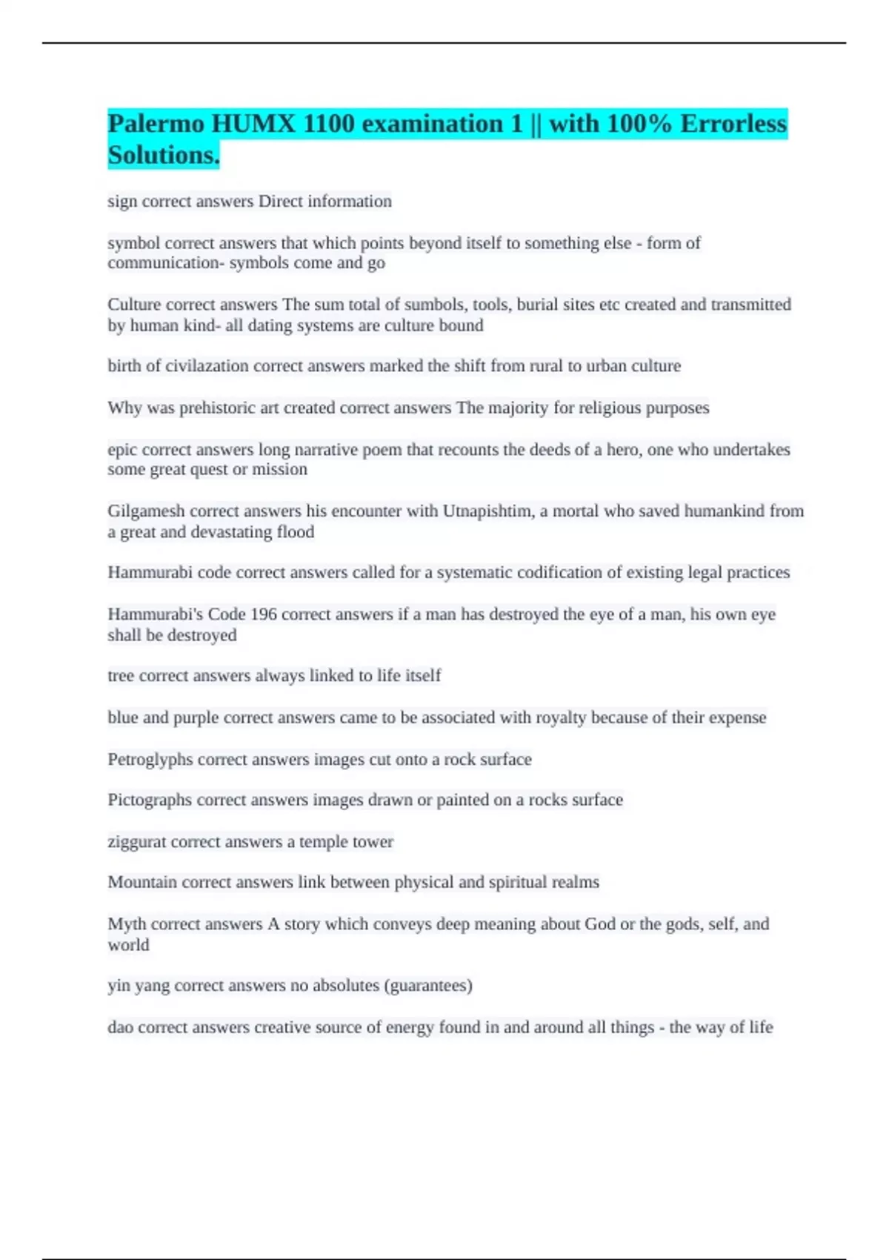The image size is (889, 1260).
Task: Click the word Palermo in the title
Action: [x=156, y=124]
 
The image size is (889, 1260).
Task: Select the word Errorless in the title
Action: [x=733, y=124]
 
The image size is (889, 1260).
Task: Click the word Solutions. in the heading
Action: [x=164, y=156]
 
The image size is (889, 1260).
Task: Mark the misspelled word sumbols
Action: [x=430, y=305]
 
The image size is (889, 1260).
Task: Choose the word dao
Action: [x=121, y=1027]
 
